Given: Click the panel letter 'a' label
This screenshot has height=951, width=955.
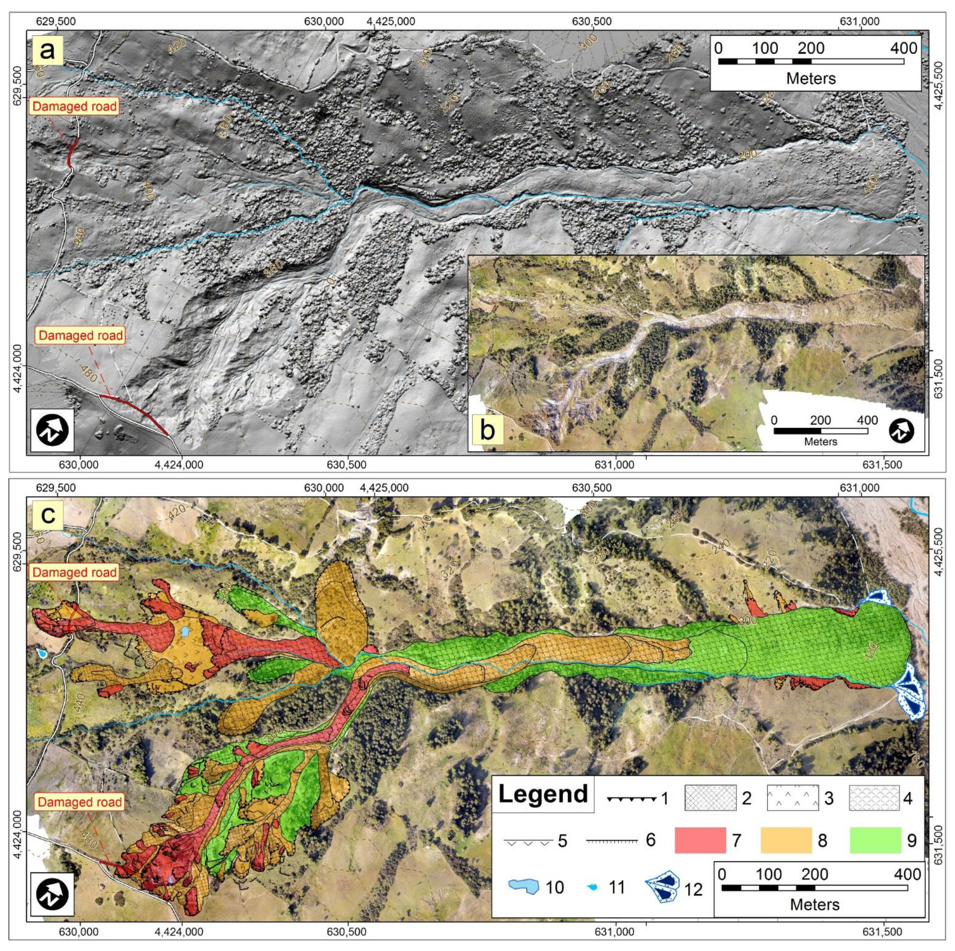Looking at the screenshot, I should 47,50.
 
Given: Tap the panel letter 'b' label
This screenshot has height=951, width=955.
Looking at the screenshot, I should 487,430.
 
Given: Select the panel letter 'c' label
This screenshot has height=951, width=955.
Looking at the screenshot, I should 48,515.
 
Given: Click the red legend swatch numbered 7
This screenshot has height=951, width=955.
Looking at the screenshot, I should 700,840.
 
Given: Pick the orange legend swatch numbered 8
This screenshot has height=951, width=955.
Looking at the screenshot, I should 786,840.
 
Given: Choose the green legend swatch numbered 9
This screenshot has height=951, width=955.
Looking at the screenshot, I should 875,840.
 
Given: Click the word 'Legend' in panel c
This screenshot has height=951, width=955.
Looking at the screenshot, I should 543,794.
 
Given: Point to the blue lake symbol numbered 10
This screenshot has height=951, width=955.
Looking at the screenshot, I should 524,887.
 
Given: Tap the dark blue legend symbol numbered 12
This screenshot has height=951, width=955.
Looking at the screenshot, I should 662,887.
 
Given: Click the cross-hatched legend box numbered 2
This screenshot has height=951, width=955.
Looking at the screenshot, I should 710,798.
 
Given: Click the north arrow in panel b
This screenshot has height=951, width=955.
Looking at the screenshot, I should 901,431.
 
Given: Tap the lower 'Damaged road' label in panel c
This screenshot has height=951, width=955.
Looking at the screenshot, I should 80,802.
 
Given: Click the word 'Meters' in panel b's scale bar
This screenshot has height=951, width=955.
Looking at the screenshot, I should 821,441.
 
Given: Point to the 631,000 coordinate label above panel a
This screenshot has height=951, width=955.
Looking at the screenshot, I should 860,21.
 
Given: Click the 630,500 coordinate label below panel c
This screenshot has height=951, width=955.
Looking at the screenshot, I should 348,932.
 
